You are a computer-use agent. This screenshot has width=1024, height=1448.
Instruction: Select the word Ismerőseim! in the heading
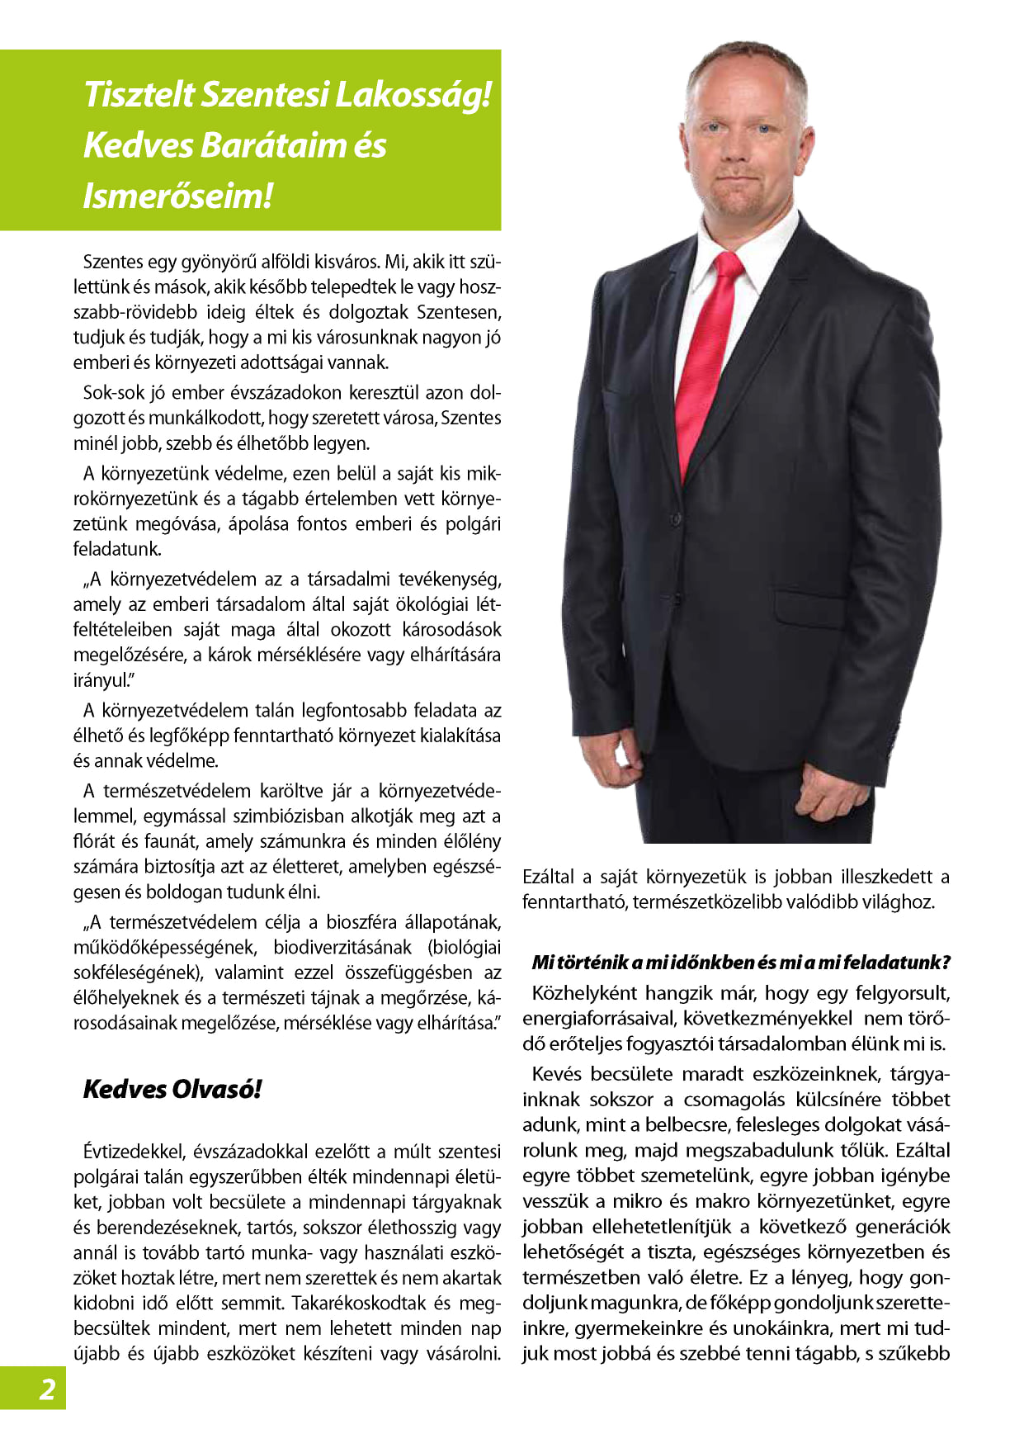pyautogui.click(x=177, y=196)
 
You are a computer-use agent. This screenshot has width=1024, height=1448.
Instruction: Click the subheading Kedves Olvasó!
pyautogui.click(x=172, y=1089)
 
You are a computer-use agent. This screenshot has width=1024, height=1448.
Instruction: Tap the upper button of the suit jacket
pyautogui.click(x=682, y=500)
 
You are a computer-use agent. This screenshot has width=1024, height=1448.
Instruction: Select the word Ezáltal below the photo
pyautogui.click(x=550, y=876)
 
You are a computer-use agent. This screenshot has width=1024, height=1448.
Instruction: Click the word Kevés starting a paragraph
pyautogui.click(x=559, y=1073)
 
